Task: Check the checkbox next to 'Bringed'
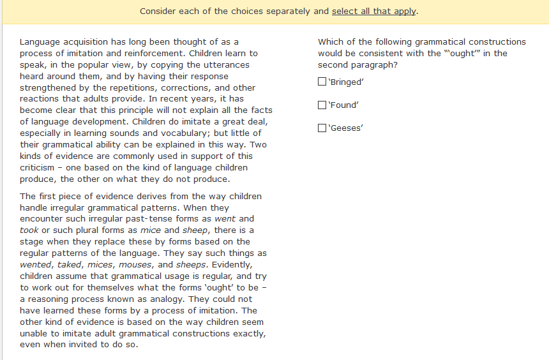(x=322, y=82)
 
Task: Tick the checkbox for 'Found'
(x=322, y=105)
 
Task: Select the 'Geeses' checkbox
(x=322, y=128)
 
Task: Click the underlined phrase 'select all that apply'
(x=374, y=11)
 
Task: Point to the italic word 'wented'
(x=36, y=264)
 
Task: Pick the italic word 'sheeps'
(x=190, y=264)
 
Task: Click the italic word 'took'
(x=29, y=230)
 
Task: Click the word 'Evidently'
(x=232, y=264)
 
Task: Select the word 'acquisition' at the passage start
(x=87, y=41)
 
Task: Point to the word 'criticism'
(x=38, y=168)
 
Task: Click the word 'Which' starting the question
(x=331, y=41)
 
